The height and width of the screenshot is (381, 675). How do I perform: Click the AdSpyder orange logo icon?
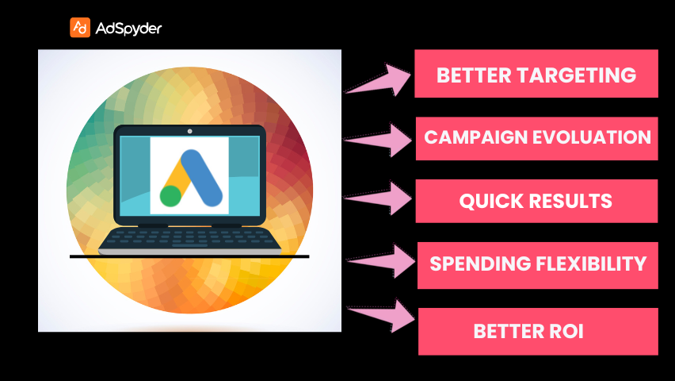click(80, 28)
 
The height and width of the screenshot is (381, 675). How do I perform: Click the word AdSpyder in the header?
click(128, 29)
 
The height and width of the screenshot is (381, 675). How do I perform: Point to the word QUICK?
click(490, 201)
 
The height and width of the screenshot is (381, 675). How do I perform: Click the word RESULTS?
click(570, 201)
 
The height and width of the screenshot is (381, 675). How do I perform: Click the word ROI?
click(566, 331)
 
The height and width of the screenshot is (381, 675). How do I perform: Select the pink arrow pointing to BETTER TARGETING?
click(379, 79)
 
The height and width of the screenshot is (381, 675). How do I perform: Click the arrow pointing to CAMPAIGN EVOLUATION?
click(379, 140)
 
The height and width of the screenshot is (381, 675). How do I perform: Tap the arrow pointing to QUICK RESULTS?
click(379, 198)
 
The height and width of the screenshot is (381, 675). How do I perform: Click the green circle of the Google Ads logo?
click(170, 195)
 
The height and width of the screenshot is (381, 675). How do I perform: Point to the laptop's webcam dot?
click(189, 130)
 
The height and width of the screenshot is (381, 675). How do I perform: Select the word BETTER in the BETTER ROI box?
click(505, 331)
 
